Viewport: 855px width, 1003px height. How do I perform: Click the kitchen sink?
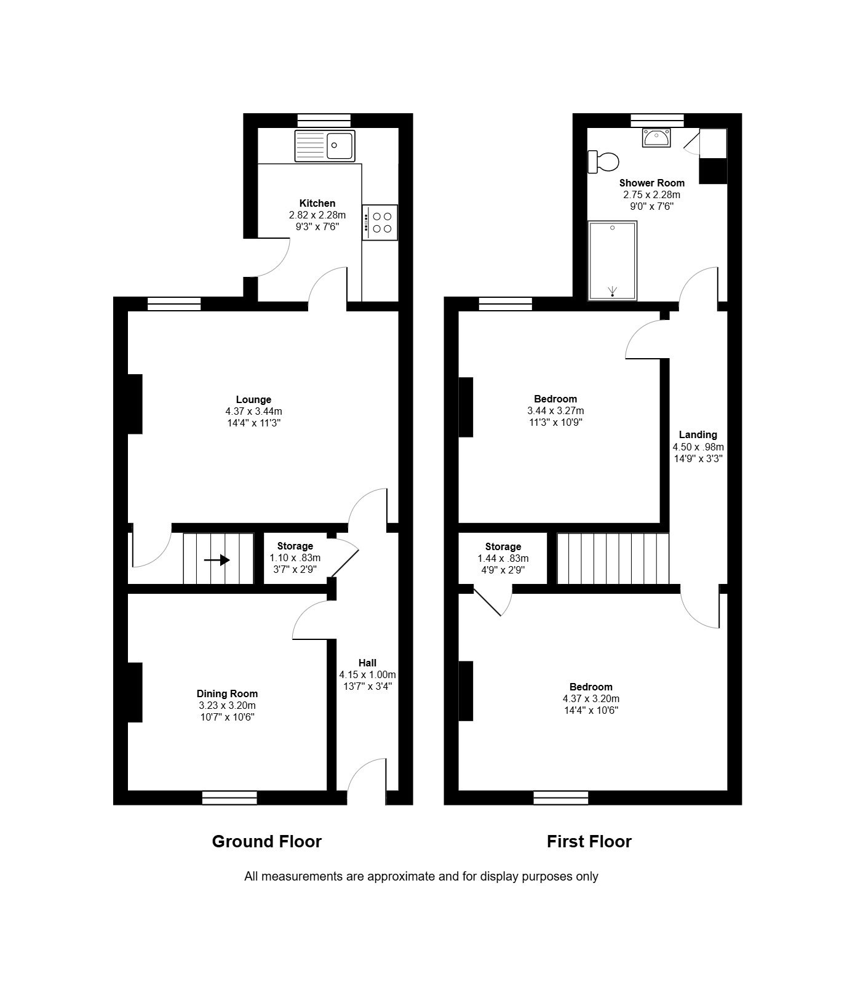click(x=325, y=146)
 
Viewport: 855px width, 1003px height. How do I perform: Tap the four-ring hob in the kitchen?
click(x=380, y=222)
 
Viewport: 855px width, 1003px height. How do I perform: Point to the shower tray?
click(x=613, y=261)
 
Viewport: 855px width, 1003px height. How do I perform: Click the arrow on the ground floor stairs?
click(x=217, y=560)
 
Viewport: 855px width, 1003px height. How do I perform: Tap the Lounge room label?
click(x=253, y=399)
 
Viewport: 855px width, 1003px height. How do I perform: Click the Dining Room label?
click(x=227, y=693)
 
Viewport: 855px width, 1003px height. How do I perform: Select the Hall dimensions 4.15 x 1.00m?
click(x=367, y=674)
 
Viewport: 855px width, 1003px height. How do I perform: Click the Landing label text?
click(x=698, y=434)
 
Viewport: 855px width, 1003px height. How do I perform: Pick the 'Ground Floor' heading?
click(x=267, y=841)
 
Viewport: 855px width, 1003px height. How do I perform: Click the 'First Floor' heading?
click(x=589, y=841)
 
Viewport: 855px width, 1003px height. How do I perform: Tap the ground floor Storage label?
click(x=295, y=546)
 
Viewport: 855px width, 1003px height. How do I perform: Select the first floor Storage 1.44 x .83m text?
click(x=503, y=559)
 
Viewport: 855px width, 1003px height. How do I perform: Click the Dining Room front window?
click(x=229, y=797)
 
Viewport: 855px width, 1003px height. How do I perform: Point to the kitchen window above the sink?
click(x=324, y=121)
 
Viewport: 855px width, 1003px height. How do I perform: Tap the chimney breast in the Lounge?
click(x=135, y=404)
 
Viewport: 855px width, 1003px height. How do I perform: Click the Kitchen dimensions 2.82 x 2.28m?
click(x=317, y=215)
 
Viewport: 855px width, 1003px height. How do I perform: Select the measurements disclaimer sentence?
click(x=421, y=876)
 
